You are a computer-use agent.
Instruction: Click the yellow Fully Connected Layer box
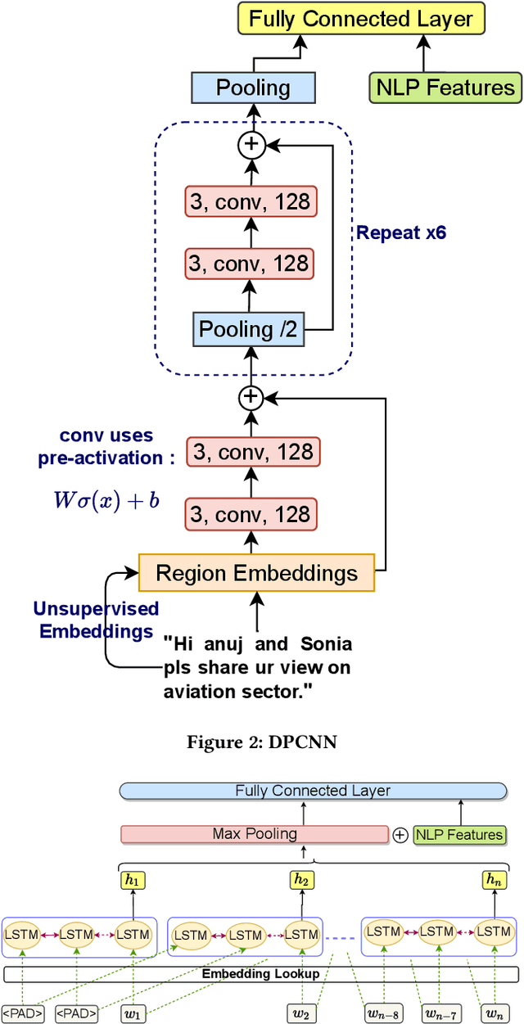tap(361, 18)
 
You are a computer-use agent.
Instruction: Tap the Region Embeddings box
tap(256, 573)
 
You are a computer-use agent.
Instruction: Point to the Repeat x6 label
tap(400, 232)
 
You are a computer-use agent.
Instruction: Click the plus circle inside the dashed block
tap(251, 145)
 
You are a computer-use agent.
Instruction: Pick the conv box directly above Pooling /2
tap(249, 264)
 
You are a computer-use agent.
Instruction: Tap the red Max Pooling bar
tap(254, 834)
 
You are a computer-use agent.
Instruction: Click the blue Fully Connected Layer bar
tap(313, 791)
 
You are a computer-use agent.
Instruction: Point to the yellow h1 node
tap(132, 880)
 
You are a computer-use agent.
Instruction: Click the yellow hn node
tap(493, 880)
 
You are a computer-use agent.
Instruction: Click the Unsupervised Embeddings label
tap(96, 620)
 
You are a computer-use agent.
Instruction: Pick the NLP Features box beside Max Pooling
tap(459, 835)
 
